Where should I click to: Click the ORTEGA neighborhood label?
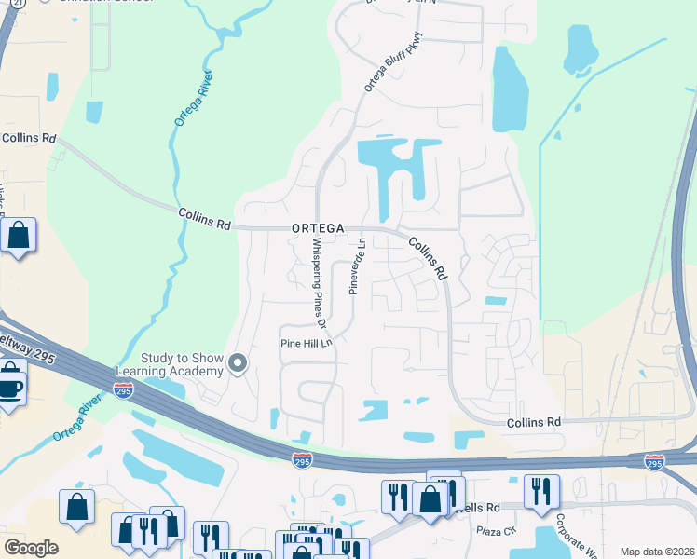(318, 227)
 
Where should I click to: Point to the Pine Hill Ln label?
(307, 343)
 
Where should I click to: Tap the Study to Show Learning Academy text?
(182, 364)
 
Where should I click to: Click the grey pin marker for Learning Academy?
(238, 363)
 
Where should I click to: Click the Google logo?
(31, 547)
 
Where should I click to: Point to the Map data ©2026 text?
(657, 552)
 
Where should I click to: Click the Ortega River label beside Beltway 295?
(76, 419)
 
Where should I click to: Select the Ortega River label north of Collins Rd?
(193, 99)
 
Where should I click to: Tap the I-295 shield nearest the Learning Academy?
(123, 393)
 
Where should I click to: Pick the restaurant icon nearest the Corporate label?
(541, 491)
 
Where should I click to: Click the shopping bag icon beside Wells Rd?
(429, 499)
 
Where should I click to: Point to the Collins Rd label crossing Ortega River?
(204, 219)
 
